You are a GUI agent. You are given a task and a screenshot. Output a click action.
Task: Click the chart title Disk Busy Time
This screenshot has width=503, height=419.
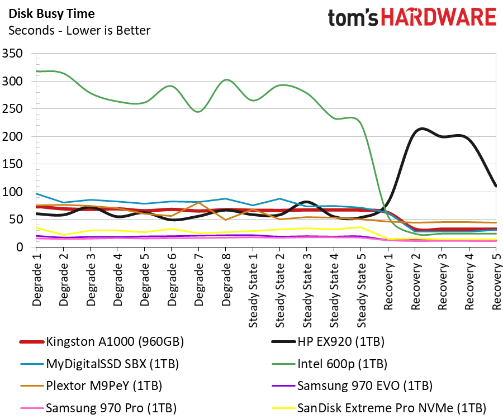[51, 14]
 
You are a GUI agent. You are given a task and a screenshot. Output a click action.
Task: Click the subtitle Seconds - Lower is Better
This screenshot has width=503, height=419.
[79, 30]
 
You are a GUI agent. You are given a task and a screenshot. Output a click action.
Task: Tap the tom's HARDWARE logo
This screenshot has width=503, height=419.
[412, 18]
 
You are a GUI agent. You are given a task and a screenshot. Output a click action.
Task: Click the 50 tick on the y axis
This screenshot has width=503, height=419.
[16, 220]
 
